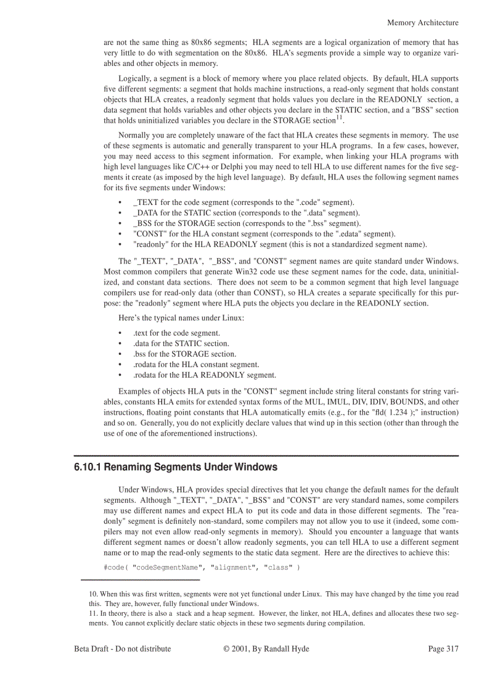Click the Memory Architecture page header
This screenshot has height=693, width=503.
tap(422, 23)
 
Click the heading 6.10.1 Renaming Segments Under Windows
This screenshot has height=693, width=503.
tap(175, 467)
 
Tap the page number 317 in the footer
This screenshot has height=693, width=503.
tap(443, 649)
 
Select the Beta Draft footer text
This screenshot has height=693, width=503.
tap(123, 649)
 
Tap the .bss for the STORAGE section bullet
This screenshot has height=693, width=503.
tap(184, 354)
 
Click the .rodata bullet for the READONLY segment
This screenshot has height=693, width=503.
tap(204, 375)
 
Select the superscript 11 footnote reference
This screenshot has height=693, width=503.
tap(339, 118)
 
